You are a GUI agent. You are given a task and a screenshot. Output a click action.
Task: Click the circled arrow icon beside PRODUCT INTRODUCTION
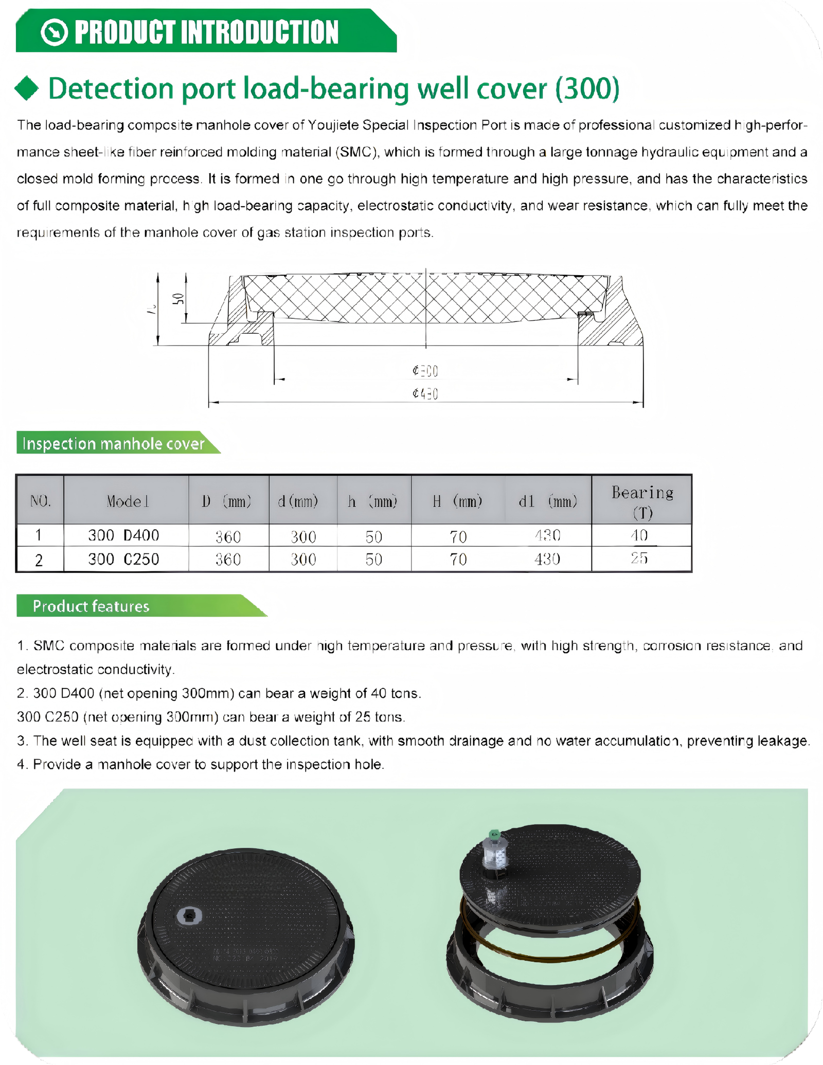pyautogui.click(x=55, y=32)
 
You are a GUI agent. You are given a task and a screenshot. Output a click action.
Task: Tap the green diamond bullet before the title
pyautogui.click(x=27, y=88)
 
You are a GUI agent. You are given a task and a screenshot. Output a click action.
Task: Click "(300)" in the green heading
pyautogui.click(x=587, y=88)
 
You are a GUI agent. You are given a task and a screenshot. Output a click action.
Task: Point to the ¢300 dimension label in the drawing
pyautogui.click(x=425, y=370)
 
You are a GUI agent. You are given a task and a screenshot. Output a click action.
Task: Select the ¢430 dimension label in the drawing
pyautogui.click(x=425, y=394)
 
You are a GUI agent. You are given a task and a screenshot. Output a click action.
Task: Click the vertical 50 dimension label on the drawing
pyautogui.click(x=177, y=299)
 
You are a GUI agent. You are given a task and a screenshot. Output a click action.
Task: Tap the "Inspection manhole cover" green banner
pyautogui.click(x=114, y=443)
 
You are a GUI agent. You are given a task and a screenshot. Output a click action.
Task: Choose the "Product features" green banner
pyautogui.click(x=91, y=606)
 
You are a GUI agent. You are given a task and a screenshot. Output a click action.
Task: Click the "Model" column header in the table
pyautogui.click(x=127, y=501)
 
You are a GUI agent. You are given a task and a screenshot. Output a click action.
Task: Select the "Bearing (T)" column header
pyautogui.click(x=642, y=501)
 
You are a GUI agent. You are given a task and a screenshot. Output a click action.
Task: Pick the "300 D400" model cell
pyautogui.click(x=123, y=536)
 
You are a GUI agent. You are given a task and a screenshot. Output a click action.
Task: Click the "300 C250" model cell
pyautogui.click(x=123, y=559)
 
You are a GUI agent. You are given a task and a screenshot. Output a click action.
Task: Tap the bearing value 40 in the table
pyautogui.click(x=639, y=535)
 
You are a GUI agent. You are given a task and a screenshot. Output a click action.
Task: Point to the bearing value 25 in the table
pyautogui.click(x=639, y=558)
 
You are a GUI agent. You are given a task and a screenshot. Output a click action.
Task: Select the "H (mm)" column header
pyautogui.click(x=457, y=501)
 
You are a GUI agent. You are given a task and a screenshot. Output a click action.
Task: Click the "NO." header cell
pyautogui.click(x=40, y=501)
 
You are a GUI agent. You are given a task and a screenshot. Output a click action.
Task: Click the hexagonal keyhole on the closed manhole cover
pyautogui.click(x=189, y=915)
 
